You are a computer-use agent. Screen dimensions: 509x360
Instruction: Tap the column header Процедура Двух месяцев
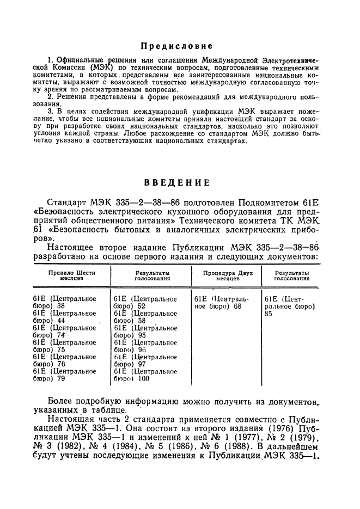pos(225,274)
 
